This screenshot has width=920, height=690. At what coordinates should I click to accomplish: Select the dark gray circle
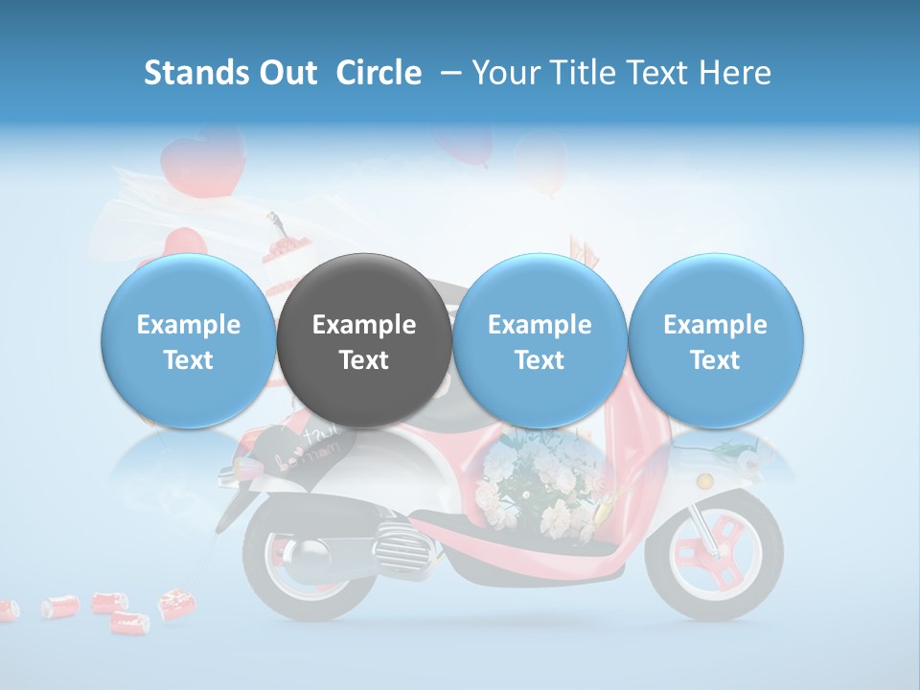364,340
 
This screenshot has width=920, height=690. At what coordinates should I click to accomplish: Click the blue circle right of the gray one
540,340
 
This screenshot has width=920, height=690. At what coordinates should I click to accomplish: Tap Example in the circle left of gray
189,325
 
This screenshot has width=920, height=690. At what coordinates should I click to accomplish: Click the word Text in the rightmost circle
715,360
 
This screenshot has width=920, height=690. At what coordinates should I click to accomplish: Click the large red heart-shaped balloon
203,158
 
